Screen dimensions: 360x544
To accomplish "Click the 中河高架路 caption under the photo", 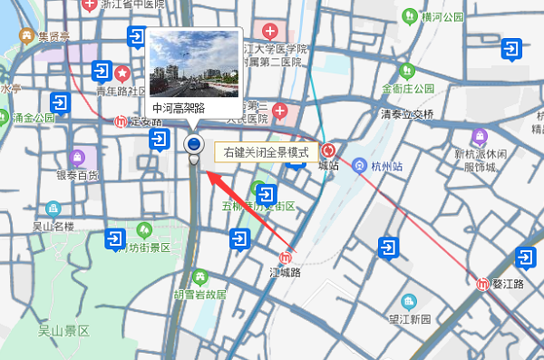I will [x=180, y=108].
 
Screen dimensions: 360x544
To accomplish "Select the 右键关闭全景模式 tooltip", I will [x=267, y=152].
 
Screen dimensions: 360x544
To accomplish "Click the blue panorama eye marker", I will [x=193, y=144].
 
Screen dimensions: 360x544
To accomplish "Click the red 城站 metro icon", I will [x=328, y=151].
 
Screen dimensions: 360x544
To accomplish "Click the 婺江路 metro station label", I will [x=508, y=285].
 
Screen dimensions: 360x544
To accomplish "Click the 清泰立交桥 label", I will [x=407, y=114].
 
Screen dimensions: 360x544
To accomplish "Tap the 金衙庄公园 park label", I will [x=409, y=90].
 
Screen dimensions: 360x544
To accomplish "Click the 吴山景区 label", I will [x=63, y=331].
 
